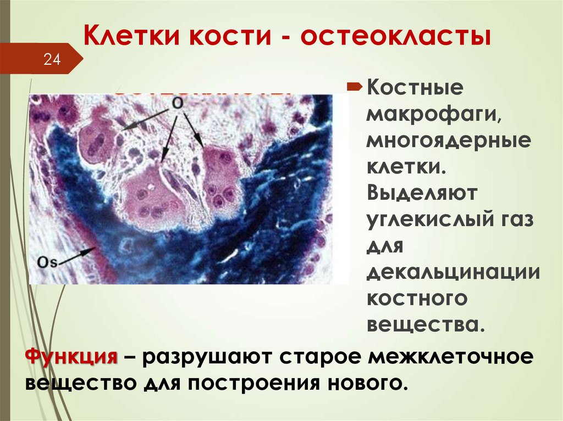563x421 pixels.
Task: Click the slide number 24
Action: point(52,59)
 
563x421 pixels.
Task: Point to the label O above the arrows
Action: point(177,103)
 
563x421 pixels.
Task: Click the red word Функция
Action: point(72,357)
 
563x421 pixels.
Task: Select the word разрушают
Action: point(208,358)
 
